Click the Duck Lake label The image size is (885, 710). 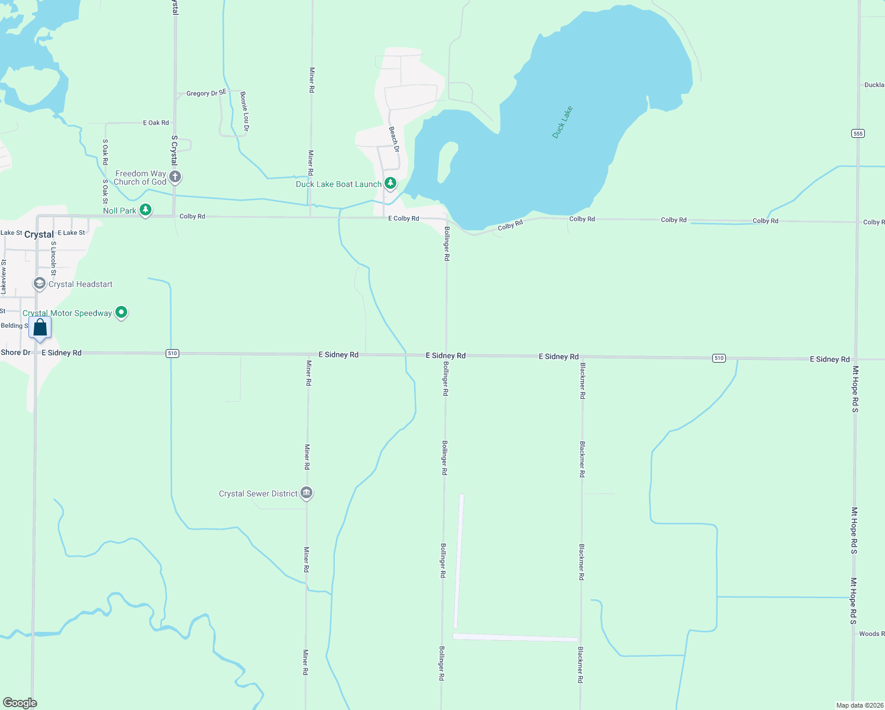(562, 122)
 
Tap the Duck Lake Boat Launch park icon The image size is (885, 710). (390, 184)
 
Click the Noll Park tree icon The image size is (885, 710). (146, 210)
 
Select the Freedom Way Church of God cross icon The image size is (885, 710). (175, 176)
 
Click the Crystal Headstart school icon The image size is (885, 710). (40, 284)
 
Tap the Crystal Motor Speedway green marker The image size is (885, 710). (121, 312)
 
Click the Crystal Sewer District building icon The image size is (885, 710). (306, 493)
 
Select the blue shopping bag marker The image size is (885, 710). (40, 328)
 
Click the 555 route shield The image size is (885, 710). (858, 134)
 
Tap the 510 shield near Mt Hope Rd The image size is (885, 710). (719, 358)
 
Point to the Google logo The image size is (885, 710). (20, 703)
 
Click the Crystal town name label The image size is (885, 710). (39, 234)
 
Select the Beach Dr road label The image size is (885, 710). (394, 140)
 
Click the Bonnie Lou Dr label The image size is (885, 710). (244, 111)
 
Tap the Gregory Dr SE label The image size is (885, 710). (206, 93)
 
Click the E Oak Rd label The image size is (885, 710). (156, 123)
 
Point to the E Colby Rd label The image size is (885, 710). (403, 218)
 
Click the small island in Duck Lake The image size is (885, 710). (447, 162)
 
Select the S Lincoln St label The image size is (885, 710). (53, 259)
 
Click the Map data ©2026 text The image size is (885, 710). (860, 705)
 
